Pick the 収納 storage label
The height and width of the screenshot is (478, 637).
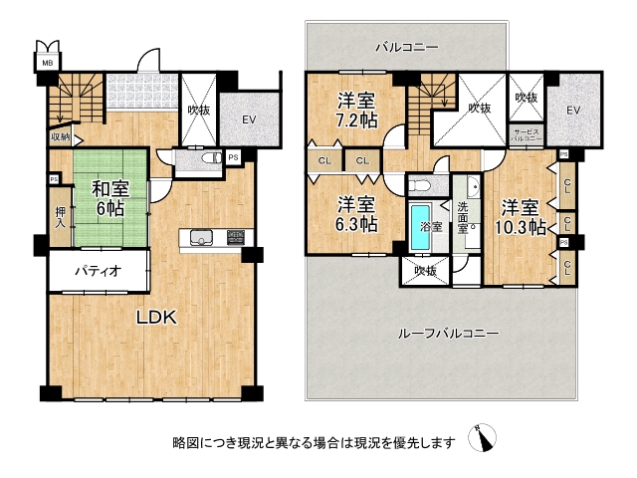pos(59,138)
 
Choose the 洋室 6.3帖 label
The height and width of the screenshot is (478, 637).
pos(356,215)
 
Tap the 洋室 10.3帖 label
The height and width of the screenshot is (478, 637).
pos(522,217)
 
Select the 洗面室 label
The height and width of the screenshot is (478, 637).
pos(464,216)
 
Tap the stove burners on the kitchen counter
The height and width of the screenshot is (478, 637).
pos(235,237)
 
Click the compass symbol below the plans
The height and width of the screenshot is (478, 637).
pos(487,438)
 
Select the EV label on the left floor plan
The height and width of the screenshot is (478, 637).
pos(247,119)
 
